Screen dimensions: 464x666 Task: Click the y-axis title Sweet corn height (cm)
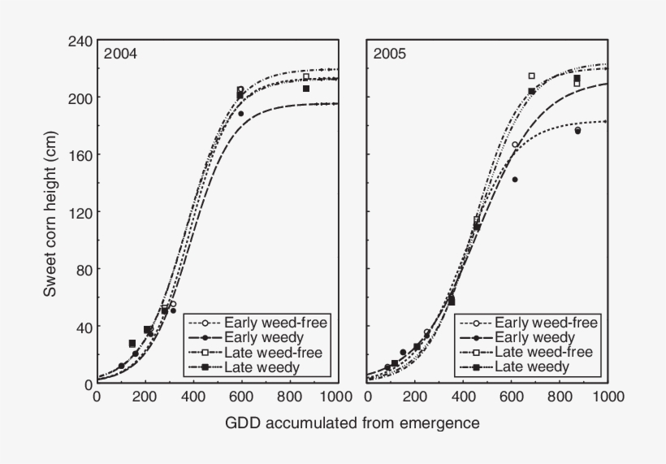coord(50,211)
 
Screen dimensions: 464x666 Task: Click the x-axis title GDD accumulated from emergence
coord(352,423)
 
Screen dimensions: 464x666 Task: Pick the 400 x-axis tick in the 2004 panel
coord(192,397)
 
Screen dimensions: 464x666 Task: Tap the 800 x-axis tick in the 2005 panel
coord(560,397)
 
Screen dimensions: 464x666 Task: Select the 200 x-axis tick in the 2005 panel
coord(415,397)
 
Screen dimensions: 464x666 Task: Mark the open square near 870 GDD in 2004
coord(306,77)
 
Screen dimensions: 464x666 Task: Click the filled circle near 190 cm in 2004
coord(240,114)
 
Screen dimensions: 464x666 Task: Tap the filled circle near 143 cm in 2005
coord(515,180)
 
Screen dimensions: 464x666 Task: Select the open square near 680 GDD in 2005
coord(532,76)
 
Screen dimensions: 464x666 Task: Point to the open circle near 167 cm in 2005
coord(515,145)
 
